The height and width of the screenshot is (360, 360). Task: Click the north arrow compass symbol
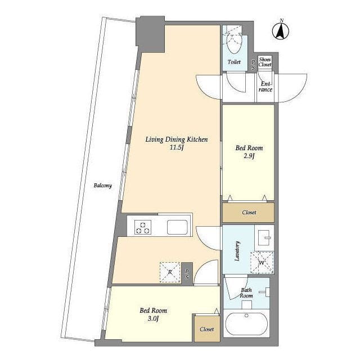pos(281,30)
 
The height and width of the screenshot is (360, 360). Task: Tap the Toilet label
pos(234,62)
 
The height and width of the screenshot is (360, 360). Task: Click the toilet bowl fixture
pos(234,43)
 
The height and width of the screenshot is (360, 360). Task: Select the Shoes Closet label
pos(265,62)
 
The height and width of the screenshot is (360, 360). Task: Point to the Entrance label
pos(265,87)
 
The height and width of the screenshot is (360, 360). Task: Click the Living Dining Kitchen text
pos(177,139)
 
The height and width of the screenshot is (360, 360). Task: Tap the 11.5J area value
pos(177,147)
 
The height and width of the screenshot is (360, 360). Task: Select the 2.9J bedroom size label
pos(249,156)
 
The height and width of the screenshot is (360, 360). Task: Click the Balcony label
pos(102,186)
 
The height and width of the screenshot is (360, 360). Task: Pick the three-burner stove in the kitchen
pos(143,227)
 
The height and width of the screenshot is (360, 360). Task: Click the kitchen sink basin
pos(177,227)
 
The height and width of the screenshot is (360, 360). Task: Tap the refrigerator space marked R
pos(170,272)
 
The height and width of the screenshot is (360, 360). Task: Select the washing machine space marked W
pos(262,263)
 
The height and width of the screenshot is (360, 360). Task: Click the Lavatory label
pos(237,251)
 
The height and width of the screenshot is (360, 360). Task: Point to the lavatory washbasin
pos(264,237)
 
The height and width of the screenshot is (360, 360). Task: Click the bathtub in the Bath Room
pos(246,323)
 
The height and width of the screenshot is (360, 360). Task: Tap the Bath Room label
pos(246,293)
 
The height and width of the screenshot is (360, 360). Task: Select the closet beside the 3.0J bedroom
pos(207,328)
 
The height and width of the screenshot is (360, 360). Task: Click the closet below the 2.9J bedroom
pos(249,213)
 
